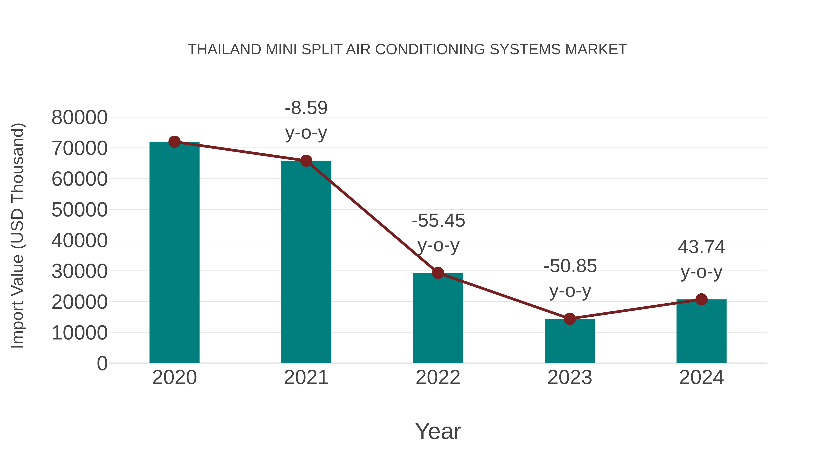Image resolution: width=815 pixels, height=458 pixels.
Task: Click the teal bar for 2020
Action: point(174,253)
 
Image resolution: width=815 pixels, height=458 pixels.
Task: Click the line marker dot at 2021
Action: point(306,161)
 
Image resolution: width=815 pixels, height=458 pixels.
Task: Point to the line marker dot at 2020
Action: point(174,142)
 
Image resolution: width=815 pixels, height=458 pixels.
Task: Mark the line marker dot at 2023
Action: point(570,319)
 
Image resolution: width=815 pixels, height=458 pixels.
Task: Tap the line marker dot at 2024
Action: point(701,299)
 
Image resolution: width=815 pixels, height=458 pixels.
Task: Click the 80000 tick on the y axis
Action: point(79,118)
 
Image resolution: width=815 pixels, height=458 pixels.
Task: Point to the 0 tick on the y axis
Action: point(102,363)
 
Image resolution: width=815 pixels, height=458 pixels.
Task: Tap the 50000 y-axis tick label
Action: point(79,210)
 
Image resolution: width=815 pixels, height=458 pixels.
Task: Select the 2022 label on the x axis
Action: point(438,377)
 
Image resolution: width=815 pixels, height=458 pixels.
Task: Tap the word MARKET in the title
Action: point(596,50)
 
